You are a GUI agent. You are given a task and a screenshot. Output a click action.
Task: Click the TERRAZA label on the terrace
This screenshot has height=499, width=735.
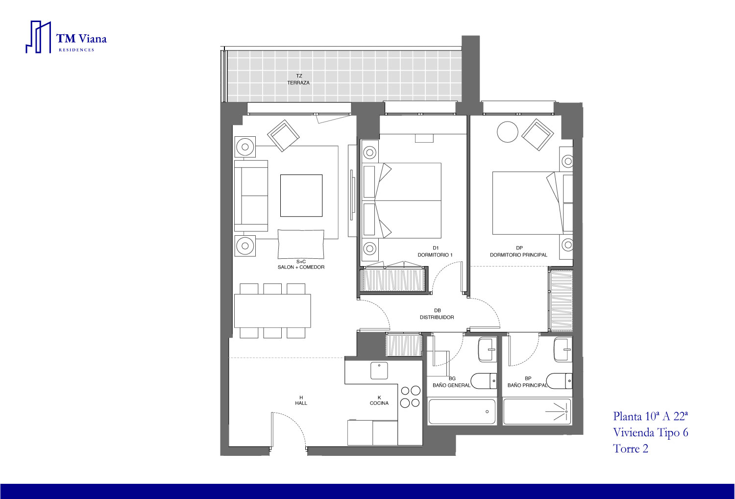pos(298,83)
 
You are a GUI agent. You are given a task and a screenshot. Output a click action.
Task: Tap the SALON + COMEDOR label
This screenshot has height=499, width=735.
pos(301,267)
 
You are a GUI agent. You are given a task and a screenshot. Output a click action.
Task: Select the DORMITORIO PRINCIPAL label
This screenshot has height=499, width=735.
pos(518,255)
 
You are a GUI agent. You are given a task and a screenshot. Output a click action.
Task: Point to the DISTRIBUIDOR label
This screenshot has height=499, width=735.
pos(437,318)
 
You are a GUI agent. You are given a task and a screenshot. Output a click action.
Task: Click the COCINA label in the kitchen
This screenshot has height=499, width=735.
pos(379,403)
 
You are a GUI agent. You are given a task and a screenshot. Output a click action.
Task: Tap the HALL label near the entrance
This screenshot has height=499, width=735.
pos(301,403)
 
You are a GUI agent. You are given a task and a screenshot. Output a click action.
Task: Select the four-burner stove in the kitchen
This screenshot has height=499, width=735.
pos(410,397)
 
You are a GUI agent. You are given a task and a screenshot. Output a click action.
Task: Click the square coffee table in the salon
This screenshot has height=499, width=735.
pos(301,195)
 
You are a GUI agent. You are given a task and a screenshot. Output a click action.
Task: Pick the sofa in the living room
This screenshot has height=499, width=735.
pos(251,196)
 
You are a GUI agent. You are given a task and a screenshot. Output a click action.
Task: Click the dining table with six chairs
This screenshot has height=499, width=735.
pos(272,311)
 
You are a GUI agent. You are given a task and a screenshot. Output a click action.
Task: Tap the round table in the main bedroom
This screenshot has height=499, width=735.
pos(507,132)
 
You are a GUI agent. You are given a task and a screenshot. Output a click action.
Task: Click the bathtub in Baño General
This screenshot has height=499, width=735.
pos(462,412)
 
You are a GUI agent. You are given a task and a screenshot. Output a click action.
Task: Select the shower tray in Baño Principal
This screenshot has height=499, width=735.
pos(537,411)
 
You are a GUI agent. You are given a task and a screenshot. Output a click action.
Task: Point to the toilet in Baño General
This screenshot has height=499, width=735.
pos(484,381)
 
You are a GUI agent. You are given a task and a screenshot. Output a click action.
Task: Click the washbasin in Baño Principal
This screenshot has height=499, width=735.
pos(563,350)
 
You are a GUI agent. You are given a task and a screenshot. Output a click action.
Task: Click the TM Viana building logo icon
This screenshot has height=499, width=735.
pos(38,37)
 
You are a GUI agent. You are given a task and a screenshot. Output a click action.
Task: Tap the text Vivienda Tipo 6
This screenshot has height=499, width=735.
pos(650,432)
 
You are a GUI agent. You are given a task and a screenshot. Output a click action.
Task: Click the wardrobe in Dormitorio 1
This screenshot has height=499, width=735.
pos(393,280)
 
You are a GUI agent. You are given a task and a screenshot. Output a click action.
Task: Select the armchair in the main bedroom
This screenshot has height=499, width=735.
pos(538,135)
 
